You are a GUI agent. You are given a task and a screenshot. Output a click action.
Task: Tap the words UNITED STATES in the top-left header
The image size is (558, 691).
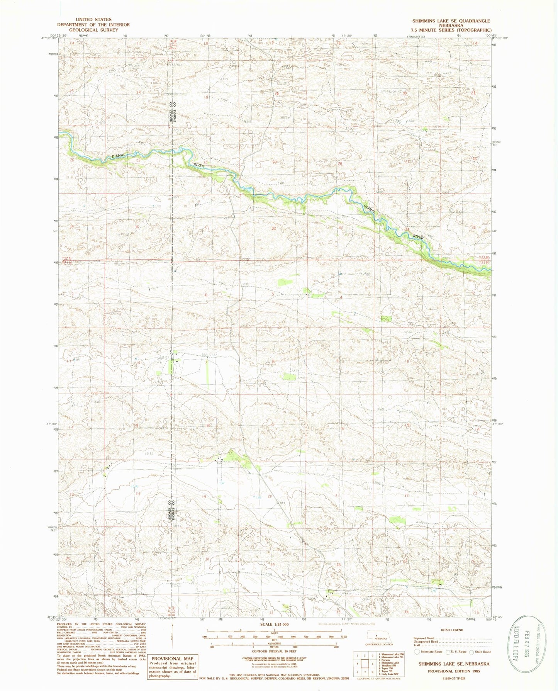tap(93, 19)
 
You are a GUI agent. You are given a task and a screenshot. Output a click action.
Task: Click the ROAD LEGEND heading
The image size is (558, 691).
tap(451, 630)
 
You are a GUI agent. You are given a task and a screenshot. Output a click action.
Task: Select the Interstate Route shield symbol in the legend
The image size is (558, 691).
tap(416, 652)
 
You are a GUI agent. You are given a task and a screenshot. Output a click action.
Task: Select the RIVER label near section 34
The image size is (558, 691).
tap(418, 236)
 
